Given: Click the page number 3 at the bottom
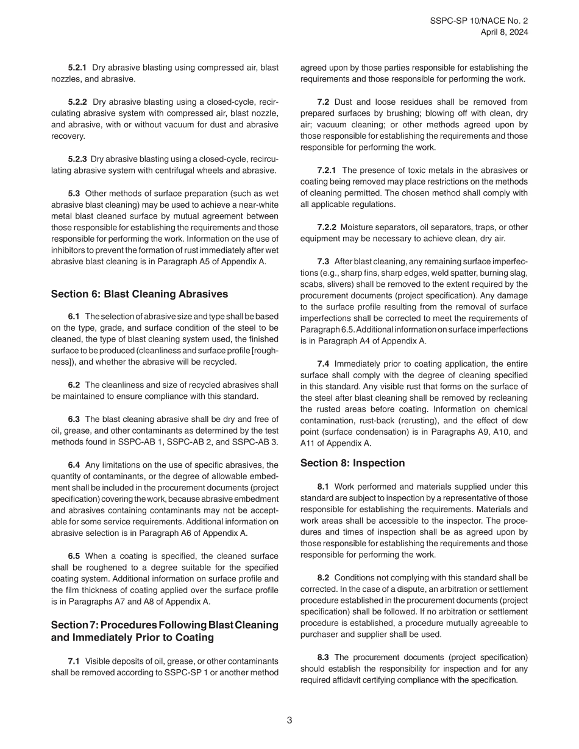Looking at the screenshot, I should [x=289, y=720].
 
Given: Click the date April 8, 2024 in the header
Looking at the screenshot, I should [x=504, y=32].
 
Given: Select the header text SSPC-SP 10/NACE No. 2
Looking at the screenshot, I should [x=478, y=20].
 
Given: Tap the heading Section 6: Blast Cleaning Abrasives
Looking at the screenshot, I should [x=140, y=294].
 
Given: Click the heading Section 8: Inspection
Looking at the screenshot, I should [x=352, y=463].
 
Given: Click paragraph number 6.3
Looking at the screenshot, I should [x=74, y=419].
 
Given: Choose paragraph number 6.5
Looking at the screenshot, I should [x=74, y=556].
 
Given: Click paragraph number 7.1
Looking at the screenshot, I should [x=74, y=661].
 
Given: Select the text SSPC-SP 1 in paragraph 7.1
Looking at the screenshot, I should [x=183, y=672].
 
